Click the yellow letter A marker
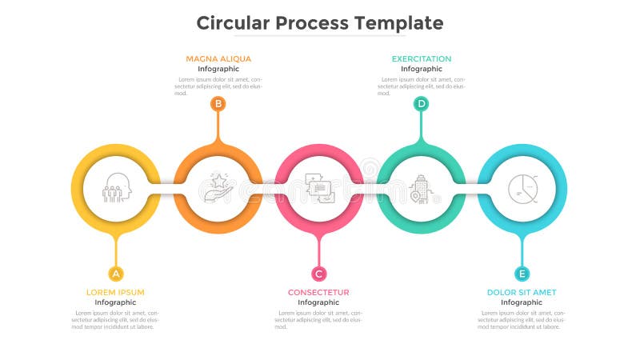coord(116,274)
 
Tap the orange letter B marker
coord(218,103)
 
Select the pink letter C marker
coord(319,274)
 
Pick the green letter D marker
coord(421,103)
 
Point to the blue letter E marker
coord(522,274)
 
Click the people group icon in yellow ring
coord(116,188)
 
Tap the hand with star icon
coord(218,188)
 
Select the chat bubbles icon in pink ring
coord(319,188)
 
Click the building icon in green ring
coord(420,189)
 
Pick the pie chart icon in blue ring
coord(522,188)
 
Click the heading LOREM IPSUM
coord(115,292)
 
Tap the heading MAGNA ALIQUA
coord(218,58)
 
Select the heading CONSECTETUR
coord(318,292)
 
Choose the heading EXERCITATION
coord(422,58)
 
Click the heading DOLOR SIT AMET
coord(522,292)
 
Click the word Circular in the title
coord(233,22)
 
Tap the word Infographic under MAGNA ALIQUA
coord(218,69)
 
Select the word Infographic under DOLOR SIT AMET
coord(522,302)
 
